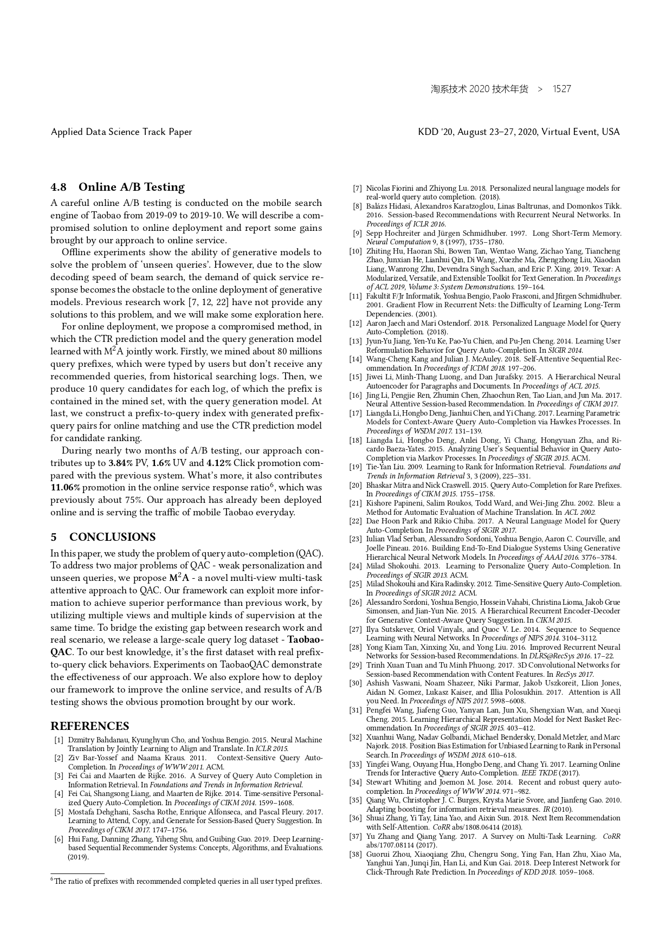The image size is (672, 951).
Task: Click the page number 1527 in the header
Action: coord(561,89)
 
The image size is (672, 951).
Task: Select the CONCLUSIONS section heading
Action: coord(112,537)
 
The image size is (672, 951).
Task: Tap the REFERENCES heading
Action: coord(90,726)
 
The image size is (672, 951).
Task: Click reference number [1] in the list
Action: coord(59,740)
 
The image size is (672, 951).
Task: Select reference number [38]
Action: coord(356,855)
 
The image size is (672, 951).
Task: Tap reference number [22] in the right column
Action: coord(356,521)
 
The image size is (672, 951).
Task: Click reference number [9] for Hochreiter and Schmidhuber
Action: coord(357,233)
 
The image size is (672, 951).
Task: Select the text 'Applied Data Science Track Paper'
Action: coord(121,132)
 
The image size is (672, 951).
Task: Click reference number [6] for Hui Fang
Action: coord(59,839)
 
